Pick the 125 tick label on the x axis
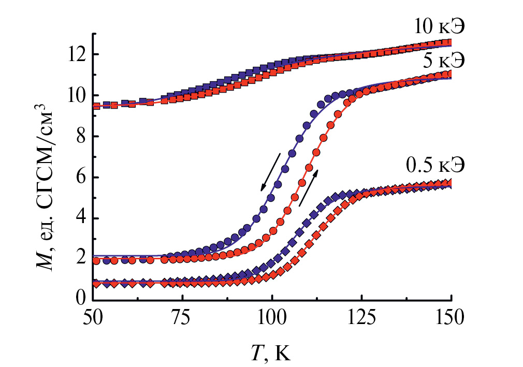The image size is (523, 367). click(362, 317)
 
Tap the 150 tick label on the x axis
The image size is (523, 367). click(452, 317)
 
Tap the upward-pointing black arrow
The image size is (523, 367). click(309, 187)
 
